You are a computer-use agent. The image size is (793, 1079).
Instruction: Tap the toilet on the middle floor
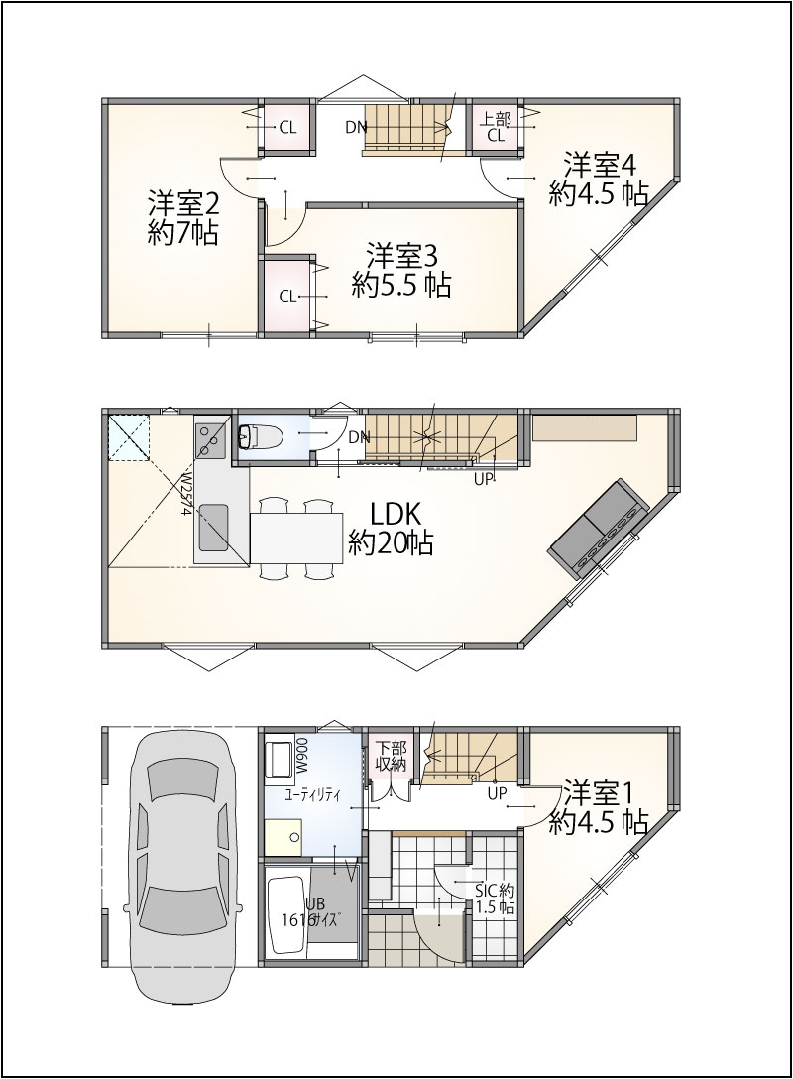(260, 435)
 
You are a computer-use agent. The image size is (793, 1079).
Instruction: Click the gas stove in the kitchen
(210, 438)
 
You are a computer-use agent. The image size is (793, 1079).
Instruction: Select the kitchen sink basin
(213, 528)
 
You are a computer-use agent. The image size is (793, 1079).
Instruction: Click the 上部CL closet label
(497, 127)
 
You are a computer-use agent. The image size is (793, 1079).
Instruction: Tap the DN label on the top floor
(356, 127)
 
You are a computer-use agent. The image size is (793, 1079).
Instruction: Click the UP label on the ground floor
(497, 793)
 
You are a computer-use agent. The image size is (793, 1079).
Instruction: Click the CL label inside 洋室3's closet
(287, 297)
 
